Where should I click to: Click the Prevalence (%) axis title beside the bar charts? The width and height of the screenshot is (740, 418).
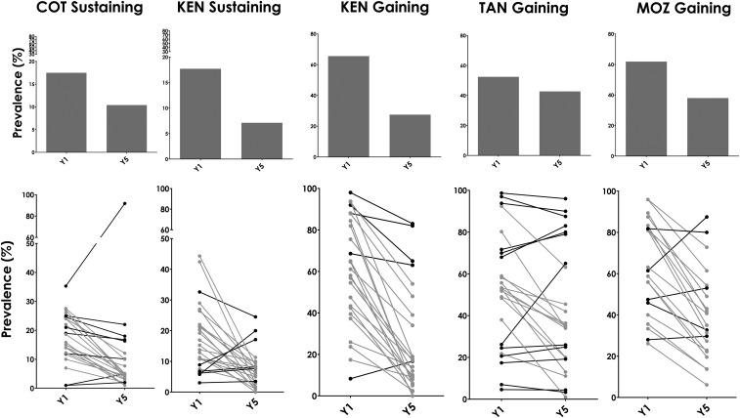pos(11,107)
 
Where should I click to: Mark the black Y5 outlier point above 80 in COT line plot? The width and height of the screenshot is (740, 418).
pos(124,203)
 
